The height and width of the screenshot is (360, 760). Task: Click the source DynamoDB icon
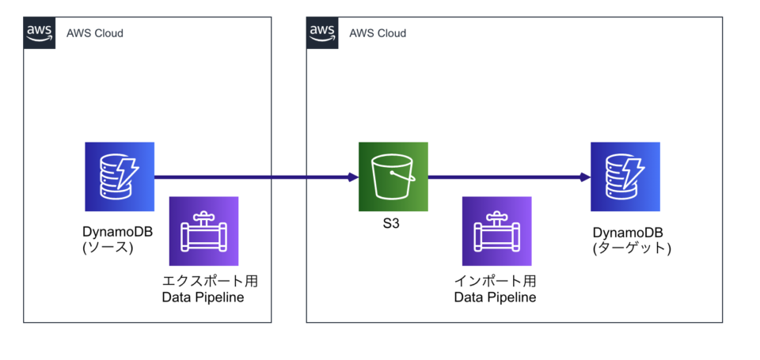coord(120,176)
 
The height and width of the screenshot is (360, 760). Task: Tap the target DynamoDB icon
coord(625,176)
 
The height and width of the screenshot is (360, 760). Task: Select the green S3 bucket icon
coord(393,176)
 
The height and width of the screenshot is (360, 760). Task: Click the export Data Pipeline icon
coord(204,231)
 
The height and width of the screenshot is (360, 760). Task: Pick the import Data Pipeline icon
coord(496,231)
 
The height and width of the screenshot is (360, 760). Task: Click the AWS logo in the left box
coord(40,32)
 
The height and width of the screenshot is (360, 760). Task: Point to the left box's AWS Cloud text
coord(95,33)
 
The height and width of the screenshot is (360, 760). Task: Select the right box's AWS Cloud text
coord(378,33)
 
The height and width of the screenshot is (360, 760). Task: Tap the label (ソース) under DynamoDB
coord(108,248)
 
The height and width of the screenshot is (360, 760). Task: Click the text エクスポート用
coord(210,281)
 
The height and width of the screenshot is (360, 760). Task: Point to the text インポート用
coord(495,281)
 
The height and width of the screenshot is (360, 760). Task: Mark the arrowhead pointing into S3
coord(353,177)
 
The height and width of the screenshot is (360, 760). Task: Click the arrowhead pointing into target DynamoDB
coord(585,177)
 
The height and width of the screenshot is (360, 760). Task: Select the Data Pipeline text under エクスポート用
coord(203,297)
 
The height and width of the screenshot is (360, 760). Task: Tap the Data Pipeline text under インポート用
coord(495,297)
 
